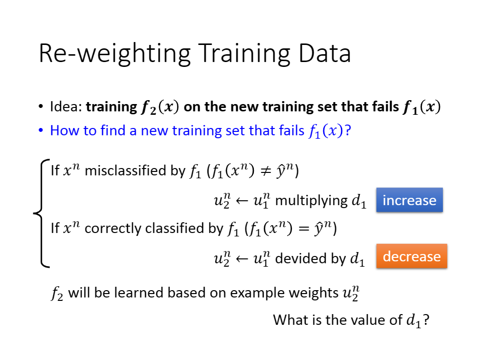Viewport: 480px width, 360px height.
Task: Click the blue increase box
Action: click(x=409, y=200)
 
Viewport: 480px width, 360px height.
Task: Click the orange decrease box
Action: click(x=412, y=256)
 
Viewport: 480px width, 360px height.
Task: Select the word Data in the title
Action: click(x=325, y=53)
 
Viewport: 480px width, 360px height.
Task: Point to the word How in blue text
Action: click(x=63, y=130)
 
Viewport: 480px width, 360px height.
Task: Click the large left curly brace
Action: click(x=42, y=213)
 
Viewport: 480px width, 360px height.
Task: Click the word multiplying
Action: click(x=312, y=201)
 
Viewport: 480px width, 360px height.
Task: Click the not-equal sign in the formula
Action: click(x=265, y=171)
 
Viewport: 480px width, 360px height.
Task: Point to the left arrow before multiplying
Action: click(x=242, y=201)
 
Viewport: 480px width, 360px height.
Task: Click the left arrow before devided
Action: click(x=242, y=259)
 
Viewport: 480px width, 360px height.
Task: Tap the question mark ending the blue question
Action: click(x=348, y=130)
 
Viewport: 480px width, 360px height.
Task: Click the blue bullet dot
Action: click(x=41, y=130)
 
